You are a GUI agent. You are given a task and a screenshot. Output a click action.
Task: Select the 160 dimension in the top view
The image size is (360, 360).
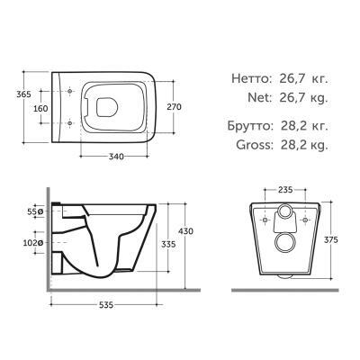point(39,109)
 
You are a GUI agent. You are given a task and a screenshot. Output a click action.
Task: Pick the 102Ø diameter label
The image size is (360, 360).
point(33,242)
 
